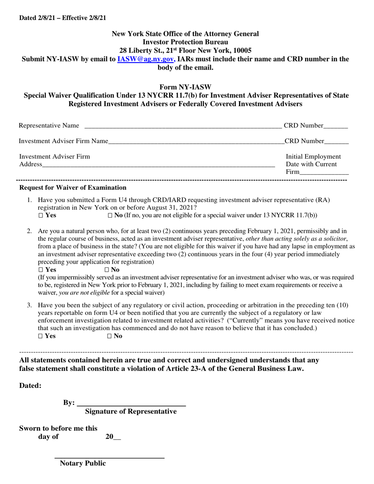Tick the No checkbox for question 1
110,216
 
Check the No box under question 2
107,270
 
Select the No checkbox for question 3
110,336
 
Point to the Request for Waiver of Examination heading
73,188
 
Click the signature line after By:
131,404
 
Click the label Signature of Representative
131,412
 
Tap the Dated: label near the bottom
30,386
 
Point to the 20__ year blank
113,436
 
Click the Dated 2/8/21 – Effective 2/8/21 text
63,18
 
